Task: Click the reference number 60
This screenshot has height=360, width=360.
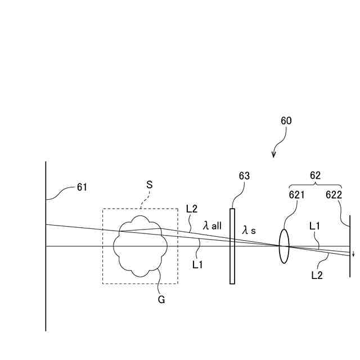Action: coord(286,120)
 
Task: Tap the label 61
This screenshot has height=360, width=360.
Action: coord(82,187)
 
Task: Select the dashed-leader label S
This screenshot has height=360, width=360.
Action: coord(149,184)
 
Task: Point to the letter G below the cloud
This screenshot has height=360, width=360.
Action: coord(161,300)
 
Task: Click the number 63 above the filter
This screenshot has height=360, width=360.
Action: coord(244,176)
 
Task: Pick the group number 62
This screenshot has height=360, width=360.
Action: coord(316,175)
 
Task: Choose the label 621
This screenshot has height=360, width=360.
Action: coord(297,195)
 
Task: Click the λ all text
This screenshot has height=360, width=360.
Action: coord(212,226)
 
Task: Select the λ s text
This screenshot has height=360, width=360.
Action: coord(249,230)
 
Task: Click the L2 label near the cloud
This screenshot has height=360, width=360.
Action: coord(192,209)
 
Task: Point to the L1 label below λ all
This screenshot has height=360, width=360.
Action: coord(197,263)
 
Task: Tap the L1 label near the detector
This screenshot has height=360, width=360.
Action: coord(316,226)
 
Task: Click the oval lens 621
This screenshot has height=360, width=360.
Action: coord(283,246)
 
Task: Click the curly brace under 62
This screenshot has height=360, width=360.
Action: coord(316,185)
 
